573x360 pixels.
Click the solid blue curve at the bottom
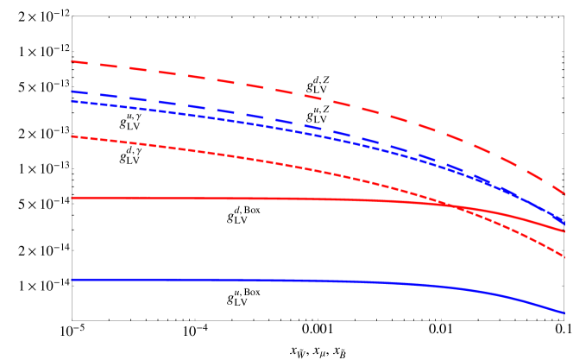259,280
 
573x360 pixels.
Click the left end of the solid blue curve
72,280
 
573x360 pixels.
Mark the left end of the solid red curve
72,198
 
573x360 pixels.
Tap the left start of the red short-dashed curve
72,136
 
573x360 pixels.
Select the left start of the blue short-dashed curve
72,102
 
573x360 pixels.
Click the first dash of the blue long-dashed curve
79,92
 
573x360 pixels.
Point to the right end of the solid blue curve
564,313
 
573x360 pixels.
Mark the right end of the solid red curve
564,231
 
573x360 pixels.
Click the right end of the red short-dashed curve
564,256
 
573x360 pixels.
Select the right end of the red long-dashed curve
564,194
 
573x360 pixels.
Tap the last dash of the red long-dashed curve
558,189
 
